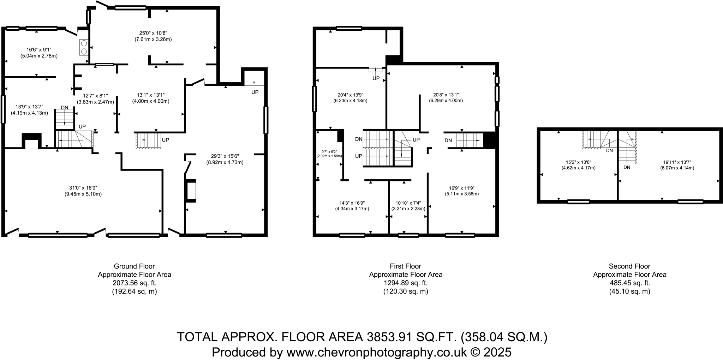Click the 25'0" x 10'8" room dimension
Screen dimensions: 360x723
[x=153, y=33]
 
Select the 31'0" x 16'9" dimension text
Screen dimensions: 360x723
[x=83, y=188]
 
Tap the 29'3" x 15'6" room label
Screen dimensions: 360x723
[x=225, y=156]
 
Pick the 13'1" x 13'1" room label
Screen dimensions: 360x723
[x=151, y=95]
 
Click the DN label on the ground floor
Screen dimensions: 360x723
[x=65, y=107]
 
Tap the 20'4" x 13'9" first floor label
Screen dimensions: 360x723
[x=350, y=95]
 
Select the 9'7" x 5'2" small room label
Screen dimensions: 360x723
[x=329, y=152]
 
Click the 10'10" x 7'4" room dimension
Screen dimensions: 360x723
[x=408, y=203]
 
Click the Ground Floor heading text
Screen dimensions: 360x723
[x=134, y=266]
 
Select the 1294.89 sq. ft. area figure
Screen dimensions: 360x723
[x=405, y=283]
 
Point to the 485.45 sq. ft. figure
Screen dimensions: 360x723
[x=629, y=283]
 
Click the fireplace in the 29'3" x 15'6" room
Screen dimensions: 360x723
[x=191, y=191]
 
